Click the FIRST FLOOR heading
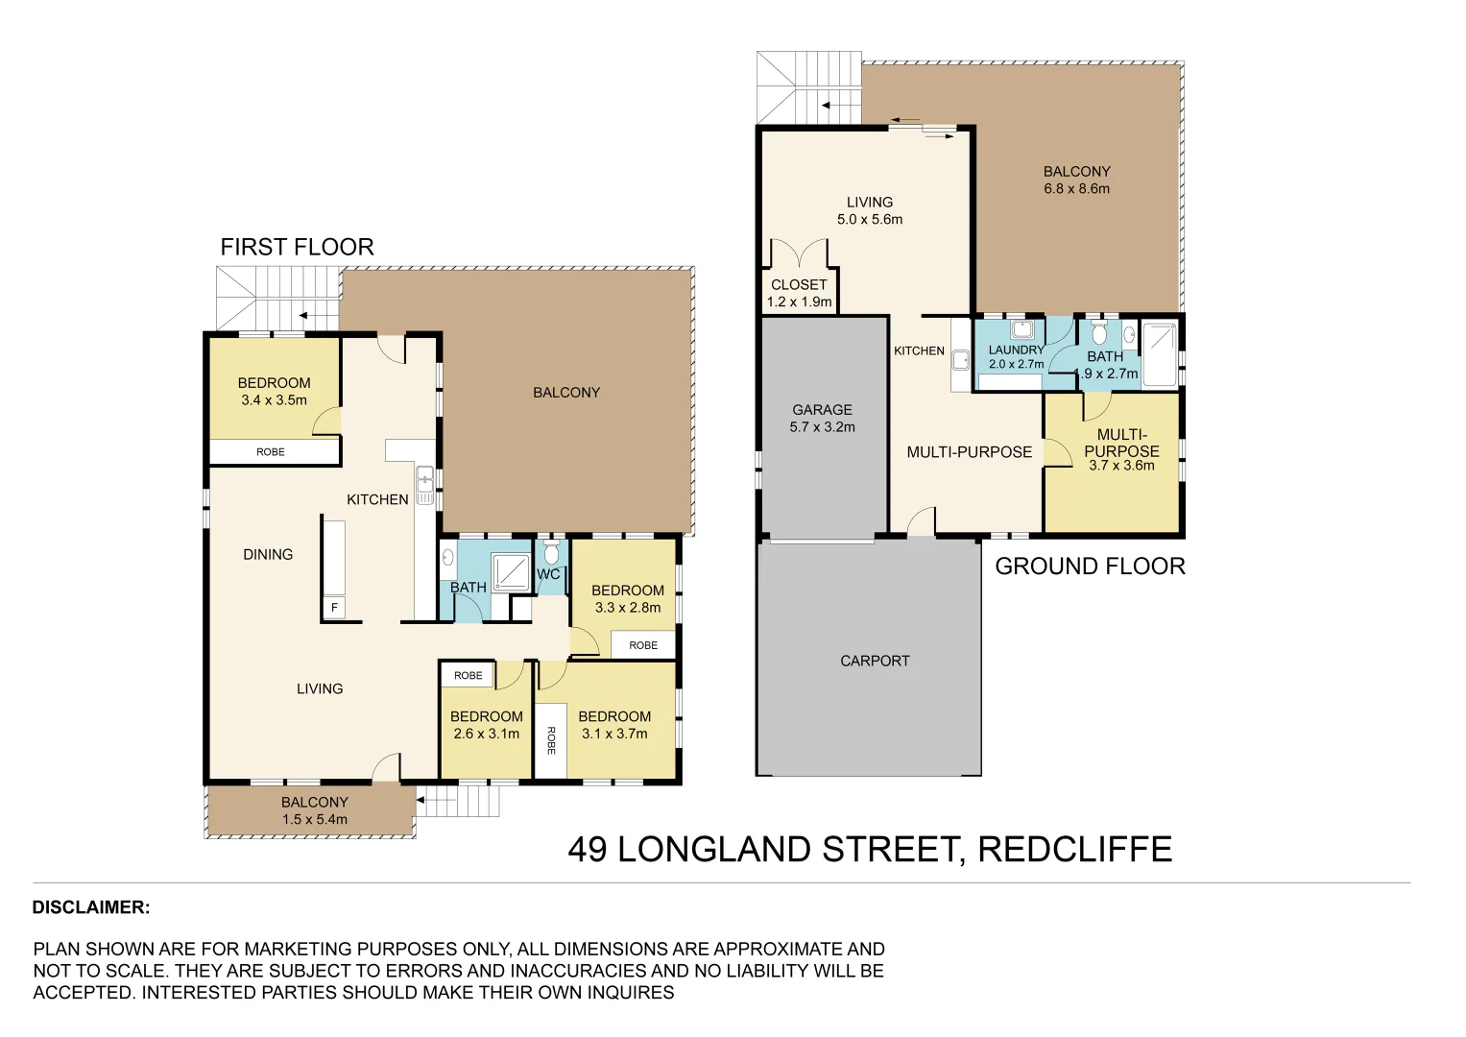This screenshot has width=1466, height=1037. (297, 247)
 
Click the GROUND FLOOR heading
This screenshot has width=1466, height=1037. (1090, 567)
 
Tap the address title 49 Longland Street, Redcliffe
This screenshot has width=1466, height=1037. (870, 850)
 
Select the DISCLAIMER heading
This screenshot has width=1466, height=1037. (91, 907)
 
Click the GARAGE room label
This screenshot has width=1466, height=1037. (822, 410)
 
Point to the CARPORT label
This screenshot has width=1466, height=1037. (875, 661)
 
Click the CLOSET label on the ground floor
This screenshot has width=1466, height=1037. (799, 285)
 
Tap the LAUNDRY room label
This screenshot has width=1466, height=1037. (1016, 350)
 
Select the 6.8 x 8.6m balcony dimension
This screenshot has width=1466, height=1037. (1076, 189)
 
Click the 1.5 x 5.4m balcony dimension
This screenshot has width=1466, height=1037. (315, 820)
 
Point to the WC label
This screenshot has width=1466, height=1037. (548, 574)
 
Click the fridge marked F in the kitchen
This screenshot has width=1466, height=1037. (334, 608)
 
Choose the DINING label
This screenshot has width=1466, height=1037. (268, 555)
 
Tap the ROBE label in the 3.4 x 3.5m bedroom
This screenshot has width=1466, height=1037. (271, 452)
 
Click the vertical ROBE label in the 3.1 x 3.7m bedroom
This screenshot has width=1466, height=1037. (551, 740)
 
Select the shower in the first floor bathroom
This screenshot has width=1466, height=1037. (511, 572)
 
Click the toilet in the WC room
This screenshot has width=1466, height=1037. (551, 554)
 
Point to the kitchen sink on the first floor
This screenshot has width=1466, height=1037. (424, 478)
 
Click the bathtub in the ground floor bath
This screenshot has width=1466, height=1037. (1160, 354)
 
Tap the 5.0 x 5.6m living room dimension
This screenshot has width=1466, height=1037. (870, 220)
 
